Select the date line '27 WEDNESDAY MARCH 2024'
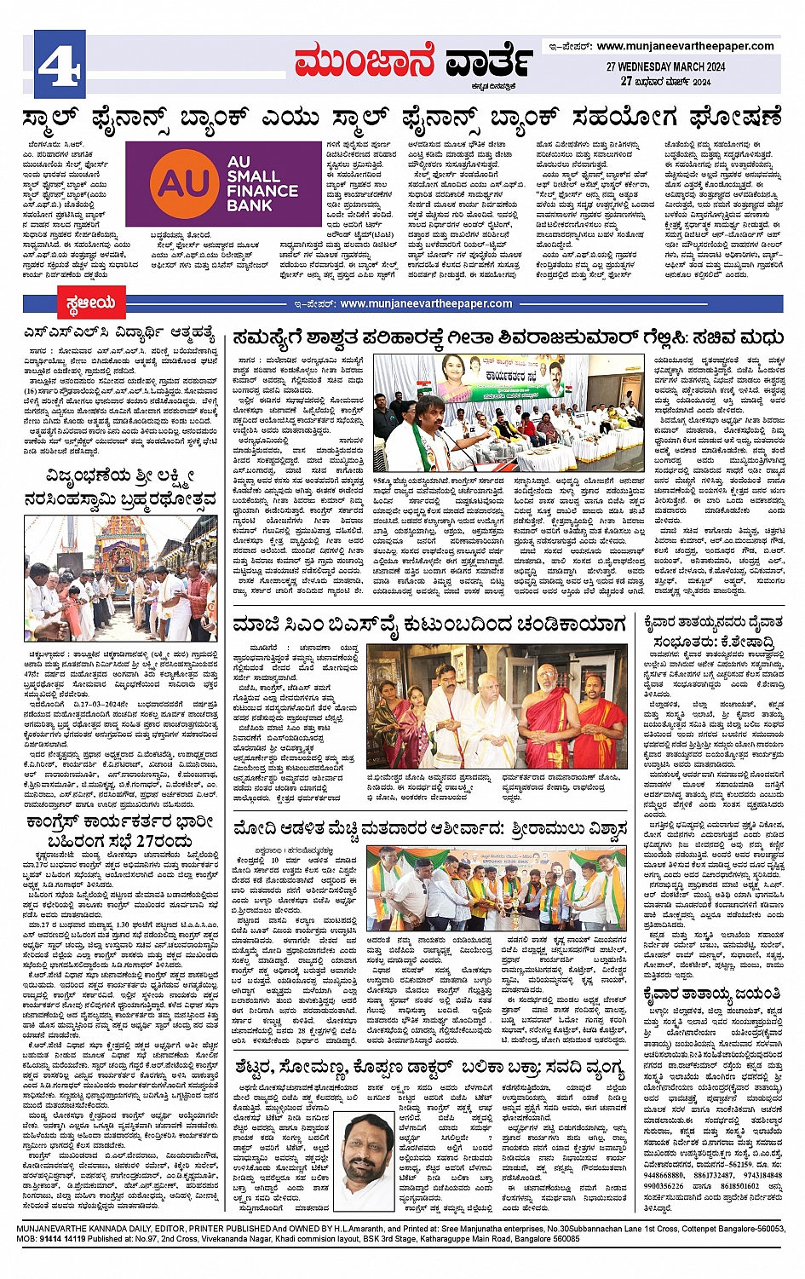point(665,66)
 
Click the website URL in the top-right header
point(685,46)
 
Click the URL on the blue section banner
point(426,303)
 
